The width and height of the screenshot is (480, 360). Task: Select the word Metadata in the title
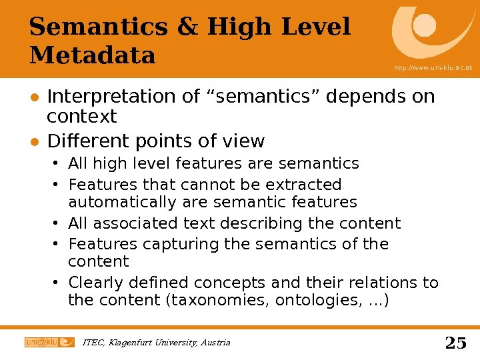(92, 55)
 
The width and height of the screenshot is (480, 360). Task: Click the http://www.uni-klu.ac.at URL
(433, 68)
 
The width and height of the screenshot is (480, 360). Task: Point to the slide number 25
(455, 343)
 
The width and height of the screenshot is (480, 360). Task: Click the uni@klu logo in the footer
(49, 342)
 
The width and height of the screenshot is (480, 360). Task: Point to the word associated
(131, 223)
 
